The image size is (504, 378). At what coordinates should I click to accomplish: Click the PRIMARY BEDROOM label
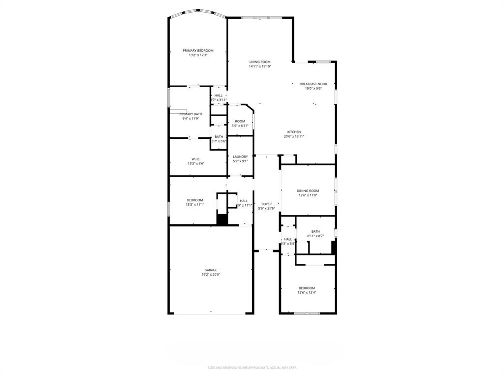click(x=198, y=51)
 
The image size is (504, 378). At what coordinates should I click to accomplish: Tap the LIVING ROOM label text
click(x=259, y=62)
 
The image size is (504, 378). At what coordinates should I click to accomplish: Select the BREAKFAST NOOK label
click(x=313, y=84)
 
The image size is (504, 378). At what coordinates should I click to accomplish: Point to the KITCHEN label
click(x=294, y=132)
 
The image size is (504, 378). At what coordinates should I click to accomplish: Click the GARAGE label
click(x=211, y=270)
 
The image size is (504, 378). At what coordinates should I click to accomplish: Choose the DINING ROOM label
click(x=308, y=191)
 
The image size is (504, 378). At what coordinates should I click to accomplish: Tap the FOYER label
click(x=266, y=204)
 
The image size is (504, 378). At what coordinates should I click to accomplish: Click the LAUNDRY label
click(x=240, y=157)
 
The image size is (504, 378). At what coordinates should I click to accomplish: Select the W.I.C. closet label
click(x=195, y=159)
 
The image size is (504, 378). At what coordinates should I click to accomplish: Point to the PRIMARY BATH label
click(x=190, y=114)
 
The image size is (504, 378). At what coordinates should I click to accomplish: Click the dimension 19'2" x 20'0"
click(x=211, y=275)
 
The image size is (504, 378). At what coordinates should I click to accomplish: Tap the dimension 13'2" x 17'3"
click(x=198, y=55)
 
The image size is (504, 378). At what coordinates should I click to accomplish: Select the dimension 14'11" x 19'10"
click(x=259, y=66)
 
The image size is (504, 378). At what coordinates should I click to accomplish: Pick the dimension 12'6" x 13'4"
click(x=307, y=292)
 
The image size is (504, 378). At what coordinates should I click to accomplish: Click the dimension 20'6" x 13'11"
click(x=294, y=136)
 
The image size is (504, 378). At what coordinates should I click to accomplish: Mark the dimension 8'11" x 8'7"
click(x=315, y=236)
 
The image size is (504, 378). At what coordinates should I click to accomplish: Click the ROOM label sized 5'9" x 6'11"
click(x=240, y=121)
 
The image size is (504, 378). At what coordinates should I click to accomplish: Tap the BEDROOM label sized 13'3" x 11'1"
click(x=194, y=200)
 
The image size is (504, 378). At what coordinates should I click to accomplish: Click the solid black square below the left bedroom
click(x=222, y=220)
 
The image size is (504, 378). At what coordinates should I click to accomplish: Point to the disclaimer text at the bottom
click(x=252, y=367)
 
